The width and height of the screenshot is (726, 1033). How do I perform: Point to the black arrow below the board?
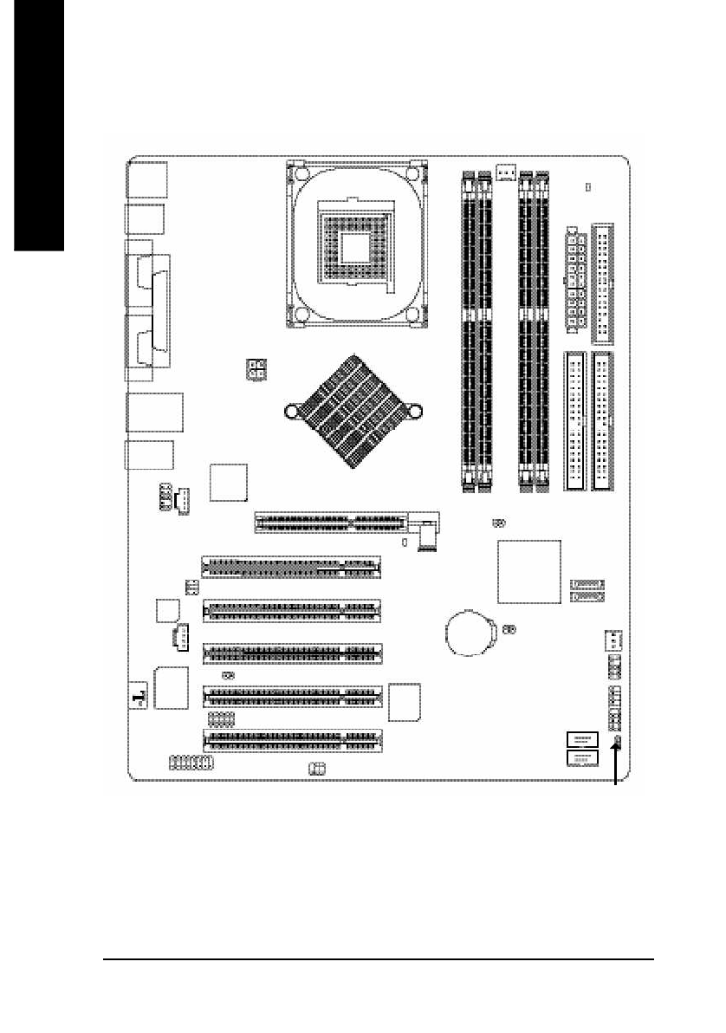[x=617, y=763]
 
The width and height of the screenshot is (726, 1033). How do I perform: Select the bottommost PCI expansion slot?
[x=292, y=741]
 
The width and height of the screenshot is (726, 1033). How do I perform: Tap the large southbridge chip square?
[x=528, y=571]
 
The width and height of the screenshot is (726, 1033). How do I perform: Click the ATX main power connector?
[x=574, y=279]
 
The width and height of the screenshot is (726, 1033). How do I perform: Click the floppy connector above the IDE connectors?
[x=603, y=283]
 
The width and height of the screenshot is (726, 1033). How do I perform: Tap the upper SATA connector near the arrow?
[x=581, y=739]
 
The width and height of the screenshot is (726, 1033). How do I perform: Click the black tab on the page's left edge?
[x=32, y=126]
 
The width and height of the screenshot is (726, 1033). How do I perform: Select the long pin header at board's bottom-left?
[x=191, y=763]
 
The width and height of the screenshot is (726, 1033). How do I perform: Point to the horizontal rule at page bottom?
[x=378, y=959]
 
